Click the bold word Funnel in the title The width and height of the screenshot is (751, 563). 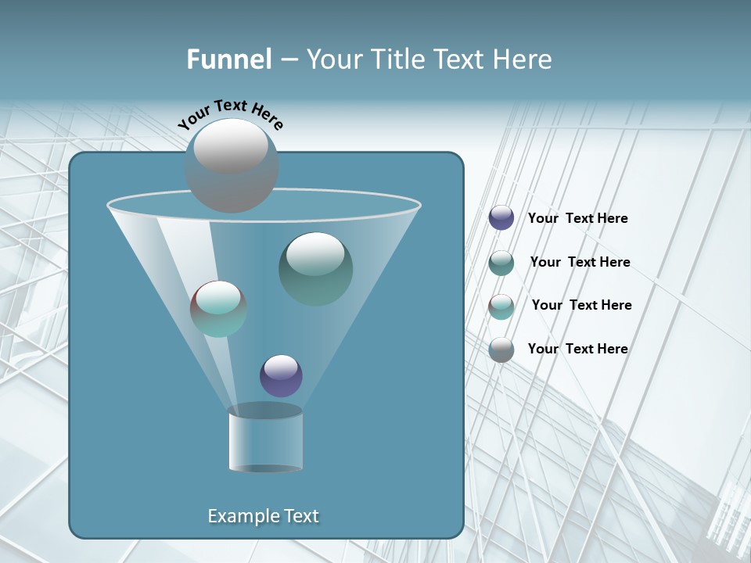[x=229, y=59]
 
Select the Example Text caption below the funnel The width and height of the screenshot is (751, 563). [x=263, y=516]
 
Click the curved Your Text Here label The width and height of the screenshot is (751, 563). [x=231, y=114]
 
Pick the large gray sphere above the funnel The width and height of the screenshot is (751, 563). [x=232, y=165]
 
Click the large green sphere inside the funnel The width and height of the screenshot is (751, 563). [x=316, y=268]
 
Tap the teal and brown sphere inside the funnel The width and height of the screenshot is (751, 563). [x=218, y=309]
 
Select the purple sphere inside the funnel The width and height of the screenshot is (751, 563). [x=281, y=376]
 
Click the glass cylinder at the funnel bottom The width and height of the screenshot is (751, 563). [x=266, y=439]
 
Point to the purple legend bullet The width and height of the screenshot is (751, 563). [x=501, y=218]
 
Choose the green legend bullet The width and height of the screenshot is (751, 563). [x=501, y=263]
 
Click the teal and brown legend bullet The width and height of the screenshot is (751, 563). [x=501, y=307]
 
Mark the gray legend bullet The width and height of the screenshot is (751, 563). [x=501, y=350]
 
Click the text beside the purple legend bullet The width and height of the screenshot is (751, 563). [x=577, y=218]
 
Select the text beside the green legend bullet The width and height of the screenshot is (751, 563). [x=580, y=262]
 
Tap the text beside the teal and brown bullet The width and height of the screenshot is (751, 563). [x=581, y=305]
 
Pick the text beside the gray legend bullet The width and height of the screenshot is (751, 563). [x=577, y=349]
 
